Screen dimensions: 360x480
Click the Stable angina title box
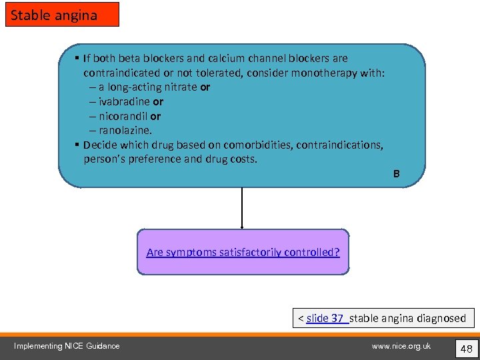[x=62, y=15]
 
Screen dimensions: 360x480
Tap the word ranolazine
[x=125, y=131]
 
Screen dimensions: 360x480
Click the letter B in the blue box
[x=396, y=174]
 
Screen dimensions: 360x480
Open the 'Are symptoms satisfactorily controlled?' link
[x=243, y=252]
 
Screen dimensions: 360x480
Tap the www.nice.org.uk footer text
[x=401, y=346]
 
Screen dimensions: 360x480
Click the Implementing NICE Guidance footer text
[x=67, y=346]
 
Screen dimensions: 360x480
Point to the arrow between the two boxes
[x=242, y=208]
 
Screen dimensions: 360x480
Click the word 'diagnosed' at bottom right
[x=441, y=318]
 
